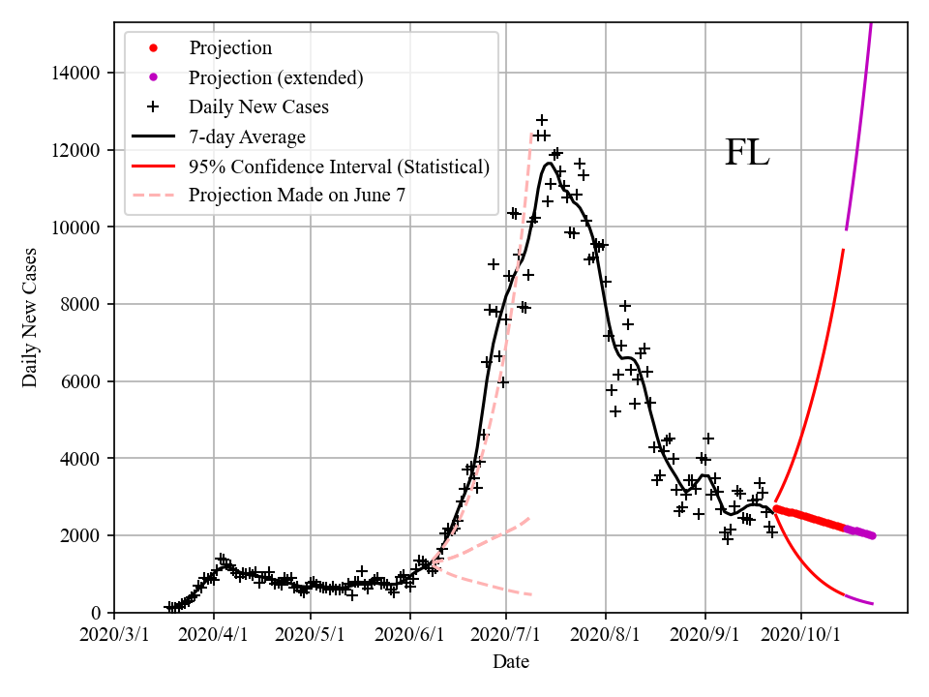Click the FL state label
(747, 153)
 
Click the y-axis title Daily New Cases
(30, 318)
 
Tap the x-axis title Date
(510, 662)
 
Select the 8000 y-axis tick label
(83, 304)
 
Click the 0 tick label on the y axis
(98, 613)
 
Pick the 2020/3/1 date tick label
(114, 635)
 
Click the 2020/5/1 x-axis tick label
(311, 635)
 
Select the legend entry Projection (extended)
(276, 77)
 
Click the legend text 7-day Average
(247, 136)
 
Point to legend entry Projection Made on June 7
(297, 195)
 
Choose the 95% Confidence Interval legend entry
(339, 167)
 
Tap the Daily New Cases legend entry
(258, 106)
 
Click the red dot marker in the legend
(153, 48)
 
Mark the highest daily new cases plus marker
(542, 120)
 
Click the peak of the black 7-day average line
(549, 163)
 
